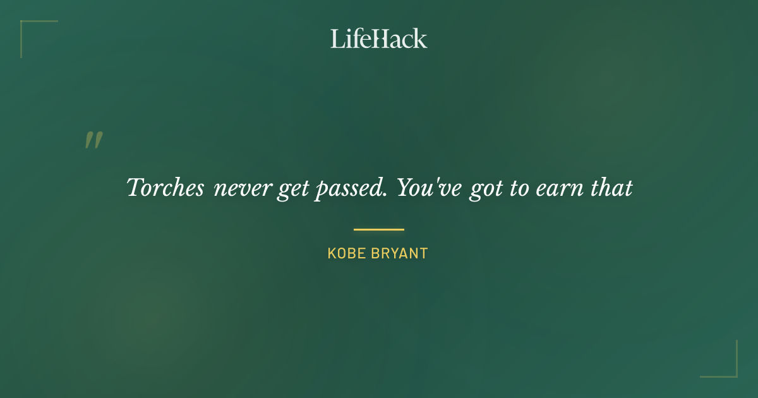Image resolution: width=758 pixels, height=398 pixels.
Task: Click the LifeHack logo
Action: click(379, 39)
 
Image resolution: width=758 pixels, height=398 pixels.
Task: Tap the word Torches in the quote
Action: click(165, 188)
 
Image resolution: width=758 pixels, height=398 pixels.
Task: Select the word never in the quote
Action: click(243, 189)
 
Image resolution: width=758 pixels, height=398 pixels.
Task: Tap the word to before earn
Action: click(520, 188)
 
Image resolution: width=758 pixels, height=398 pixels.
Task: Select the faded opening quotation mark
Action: click(93, 140)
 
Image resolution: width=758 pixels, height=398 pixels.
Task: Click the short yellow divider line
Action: click(379, 229)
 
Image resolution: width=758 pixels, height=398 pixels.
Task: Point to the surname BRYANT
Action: click(400, 254)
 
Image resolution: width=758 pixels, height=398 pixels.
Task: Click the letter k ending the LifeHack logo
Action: click(421, 39)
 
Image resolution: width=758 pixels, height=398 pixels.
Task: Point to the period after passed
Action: click(385, 195)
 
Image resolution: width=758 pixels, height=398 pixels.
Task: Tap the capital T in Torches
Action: click(134, 187)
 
